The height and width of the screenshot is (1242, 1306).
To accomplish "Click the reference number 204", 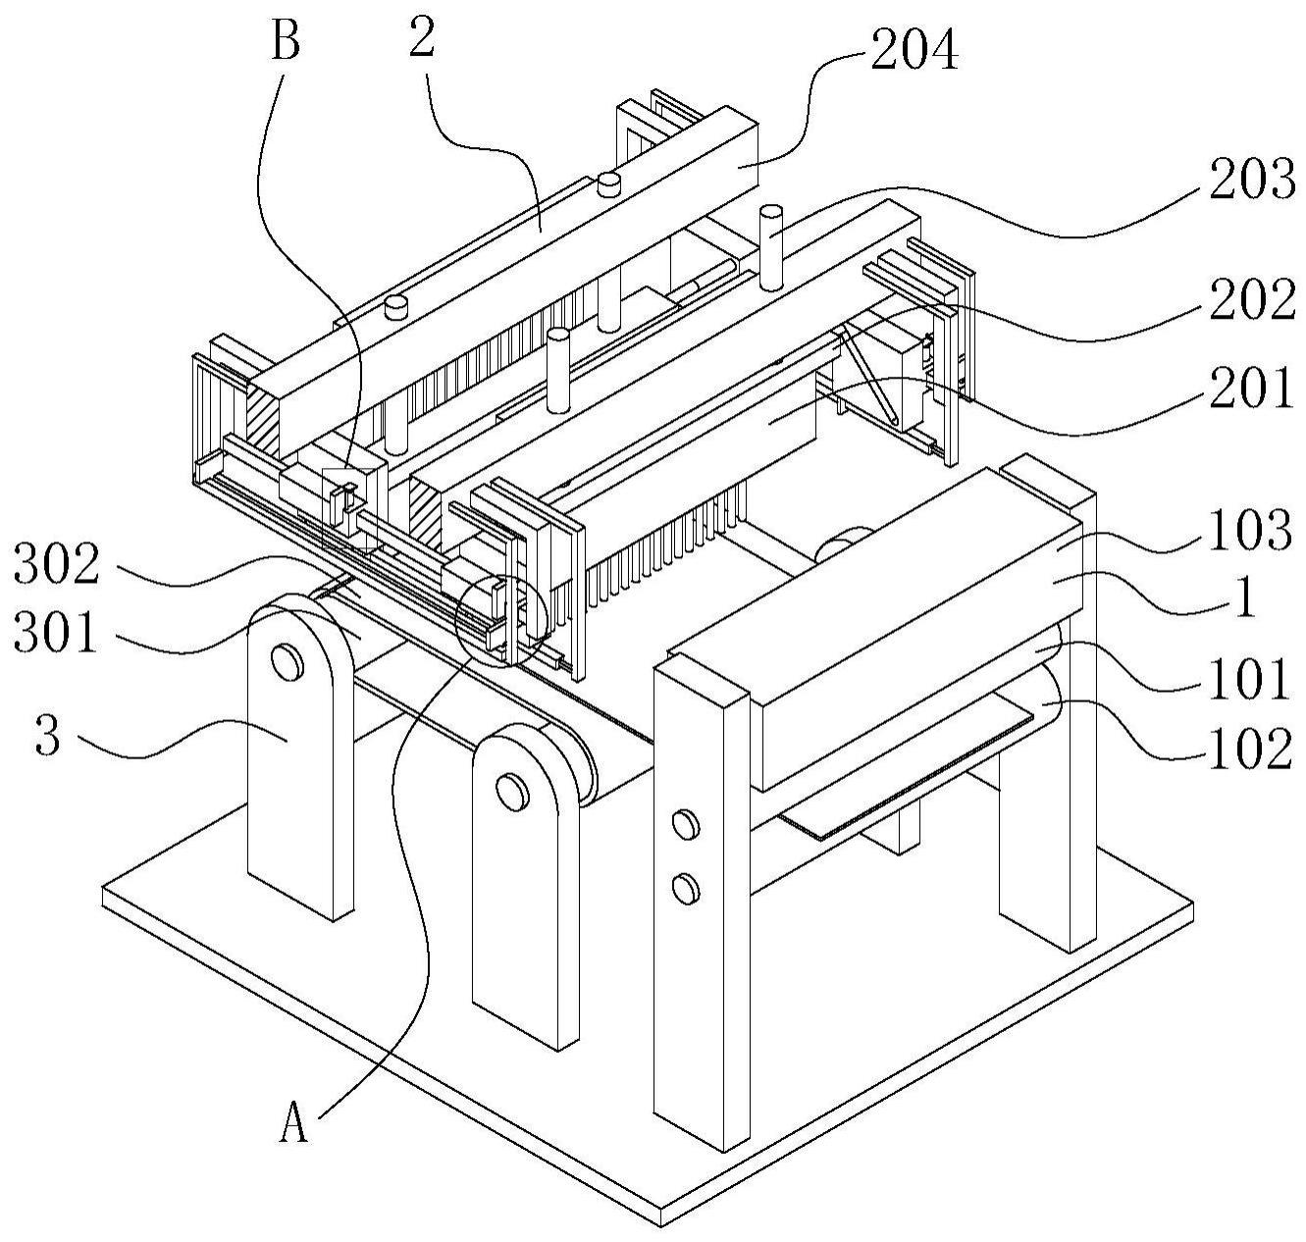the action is tap(914, 52).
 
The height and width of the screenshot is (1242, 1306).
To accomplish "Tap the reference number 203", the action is tap(1251, 180).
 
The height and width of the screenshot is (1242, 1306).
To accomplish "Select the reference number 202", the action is tap(1251, 299).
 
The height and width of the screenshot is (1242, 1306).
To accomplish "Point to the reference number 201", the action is tap(1250, 388).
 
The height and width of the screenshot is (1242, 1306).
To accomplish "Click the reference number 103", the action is tap(1249, 531).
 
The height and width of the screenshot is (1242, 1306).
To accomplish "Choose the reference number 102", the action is tap(1249, 749).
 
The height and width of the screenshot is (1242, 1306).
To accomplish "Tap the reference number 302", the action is tap(56, 564).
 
